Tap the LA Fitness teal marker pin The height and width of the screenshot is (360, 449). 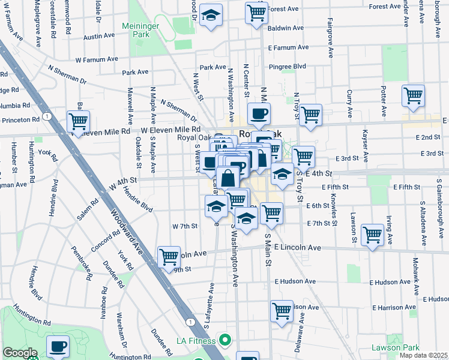tap(225, 340)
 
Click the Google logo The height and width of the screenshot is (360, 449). tap(20, 353)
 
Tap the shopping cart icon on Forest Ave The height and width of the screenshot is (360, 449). tap(257, 12)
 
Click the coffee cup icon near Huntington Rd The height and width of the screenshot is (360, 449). tap(58, 346)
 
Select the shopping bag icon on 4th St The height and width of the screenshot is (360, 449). tap(229, 178)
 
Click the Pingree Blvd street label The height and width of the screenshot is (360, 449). tap(288, 66)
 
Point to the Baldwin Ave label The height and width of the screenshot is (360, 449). tap(286, 28)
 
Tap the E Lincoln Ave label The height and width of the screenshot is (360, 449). tap(298, 247)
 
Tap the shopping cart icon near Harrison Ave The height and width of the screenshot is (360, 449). tap(281, 311)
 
